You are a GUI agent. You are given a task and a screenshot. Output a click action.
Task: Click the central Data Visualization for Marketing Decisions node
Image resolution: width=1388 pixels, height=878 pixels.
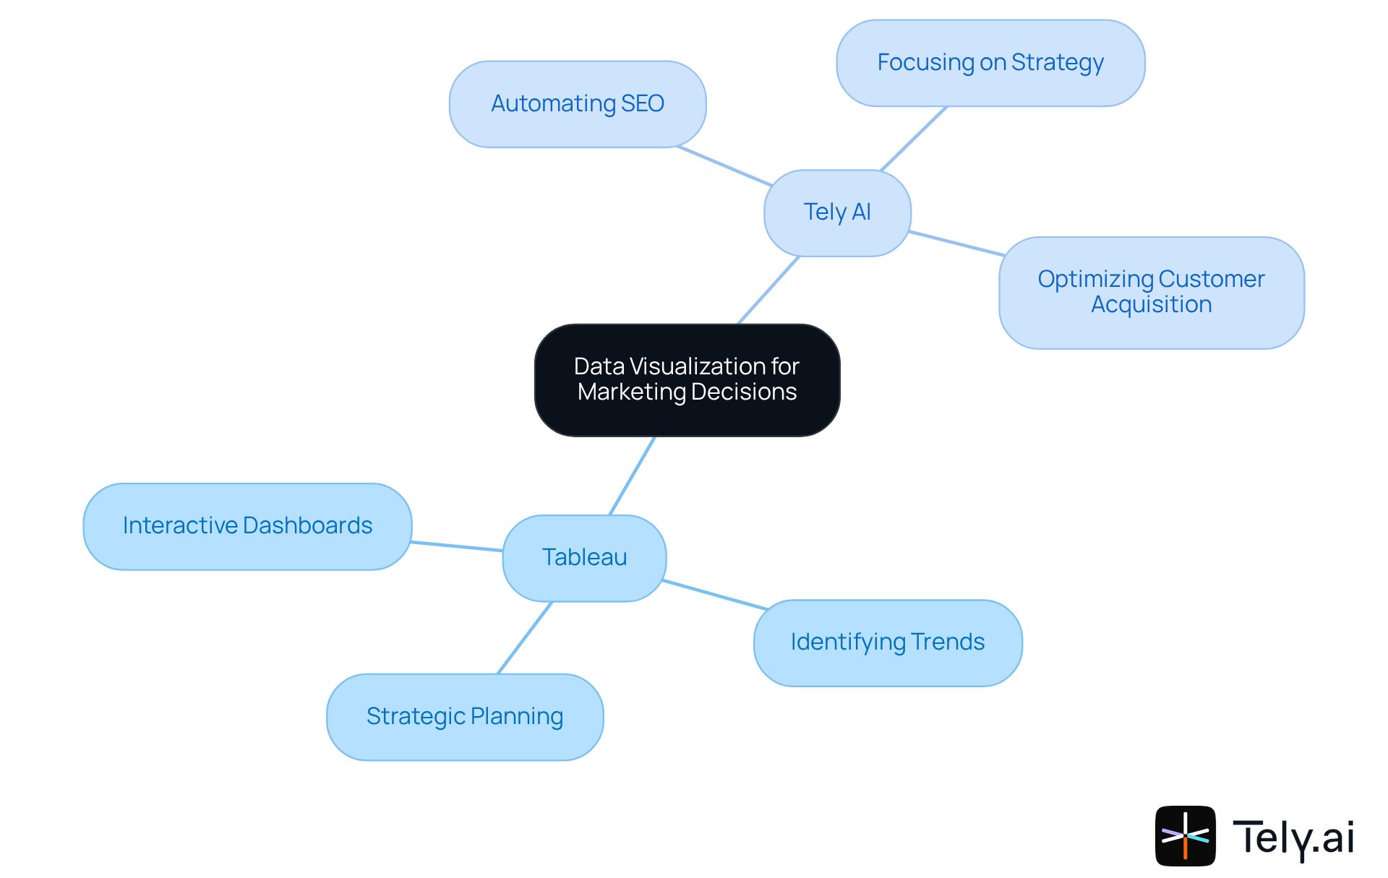point(687,379)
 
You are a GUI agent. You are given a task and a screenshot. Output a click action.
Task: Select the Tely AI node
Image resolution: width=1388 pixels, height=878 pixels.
point(837,212)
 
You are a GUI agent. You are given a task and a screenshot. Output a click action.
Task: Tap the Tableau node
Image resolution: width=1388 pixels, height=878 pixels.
point(584,557)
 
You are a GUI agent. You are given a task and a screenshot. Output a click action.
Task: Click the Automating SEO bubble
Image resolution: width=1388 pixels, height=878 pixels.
point(577,104)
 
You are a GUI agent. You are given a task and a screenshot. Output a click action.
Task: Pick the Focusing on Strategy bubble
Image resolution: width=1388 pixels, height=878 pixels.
point(990,63)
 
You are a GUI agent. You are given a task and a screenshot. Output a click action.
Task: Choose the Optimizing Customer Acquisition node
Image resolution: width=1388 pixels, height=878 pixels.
point(1151,292)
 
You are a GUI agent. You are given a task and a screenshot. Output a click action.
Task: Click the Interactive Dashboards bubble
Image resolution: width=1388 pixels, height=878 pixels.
point(247,525)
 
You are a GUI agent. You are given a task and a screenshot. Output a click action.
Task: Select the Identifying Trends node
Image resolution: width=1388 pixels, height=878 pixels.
point(887,642)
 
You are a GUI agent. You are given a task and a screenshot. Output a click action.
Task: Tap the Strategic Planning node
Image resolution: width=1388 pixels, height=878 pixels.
point(464,716)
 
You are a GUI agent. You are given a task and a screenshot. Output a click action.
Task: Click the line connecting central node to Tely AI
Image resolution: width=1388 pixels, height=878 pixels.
point(768,290)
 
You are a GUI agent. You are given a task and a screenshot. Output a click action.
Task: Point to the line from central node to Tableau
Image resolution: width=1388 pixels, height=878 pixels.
point(633,475)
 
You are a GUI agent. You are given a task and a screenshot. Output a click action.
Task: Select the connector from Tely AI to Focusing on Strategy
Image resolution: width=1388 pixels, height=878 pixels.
point(914,139)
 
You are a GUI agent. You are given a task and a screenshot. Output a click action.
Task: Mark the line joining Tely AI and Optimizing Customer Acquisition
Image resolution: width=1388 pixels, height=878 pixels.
point(956,244)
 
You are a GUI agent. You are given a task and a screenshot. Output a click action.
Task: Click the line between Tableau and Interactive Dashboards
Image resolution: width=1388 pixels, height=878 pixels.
point(457,546)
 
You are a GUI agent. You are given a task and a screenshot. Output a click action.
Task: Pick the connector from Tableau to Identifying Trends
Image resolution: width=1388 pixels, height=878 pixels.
point(714,595)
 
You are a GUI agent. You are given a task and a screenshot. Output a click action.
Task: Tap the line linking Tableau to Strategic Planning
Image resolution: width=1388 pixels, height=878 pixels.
point(525,637)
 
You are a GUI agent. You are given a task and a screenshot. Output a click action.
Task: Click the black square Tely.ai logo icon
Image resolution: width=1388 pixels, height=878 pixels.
point(1185,836)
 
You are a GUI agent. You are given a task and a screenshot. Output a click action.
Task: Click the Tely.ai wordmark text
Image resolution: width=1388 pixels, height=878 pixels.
point(1293,838)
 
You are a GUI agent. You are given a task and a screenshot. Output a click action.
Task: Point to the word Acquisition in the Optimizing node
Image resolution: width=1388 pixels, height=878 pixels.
point(1151,305)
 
